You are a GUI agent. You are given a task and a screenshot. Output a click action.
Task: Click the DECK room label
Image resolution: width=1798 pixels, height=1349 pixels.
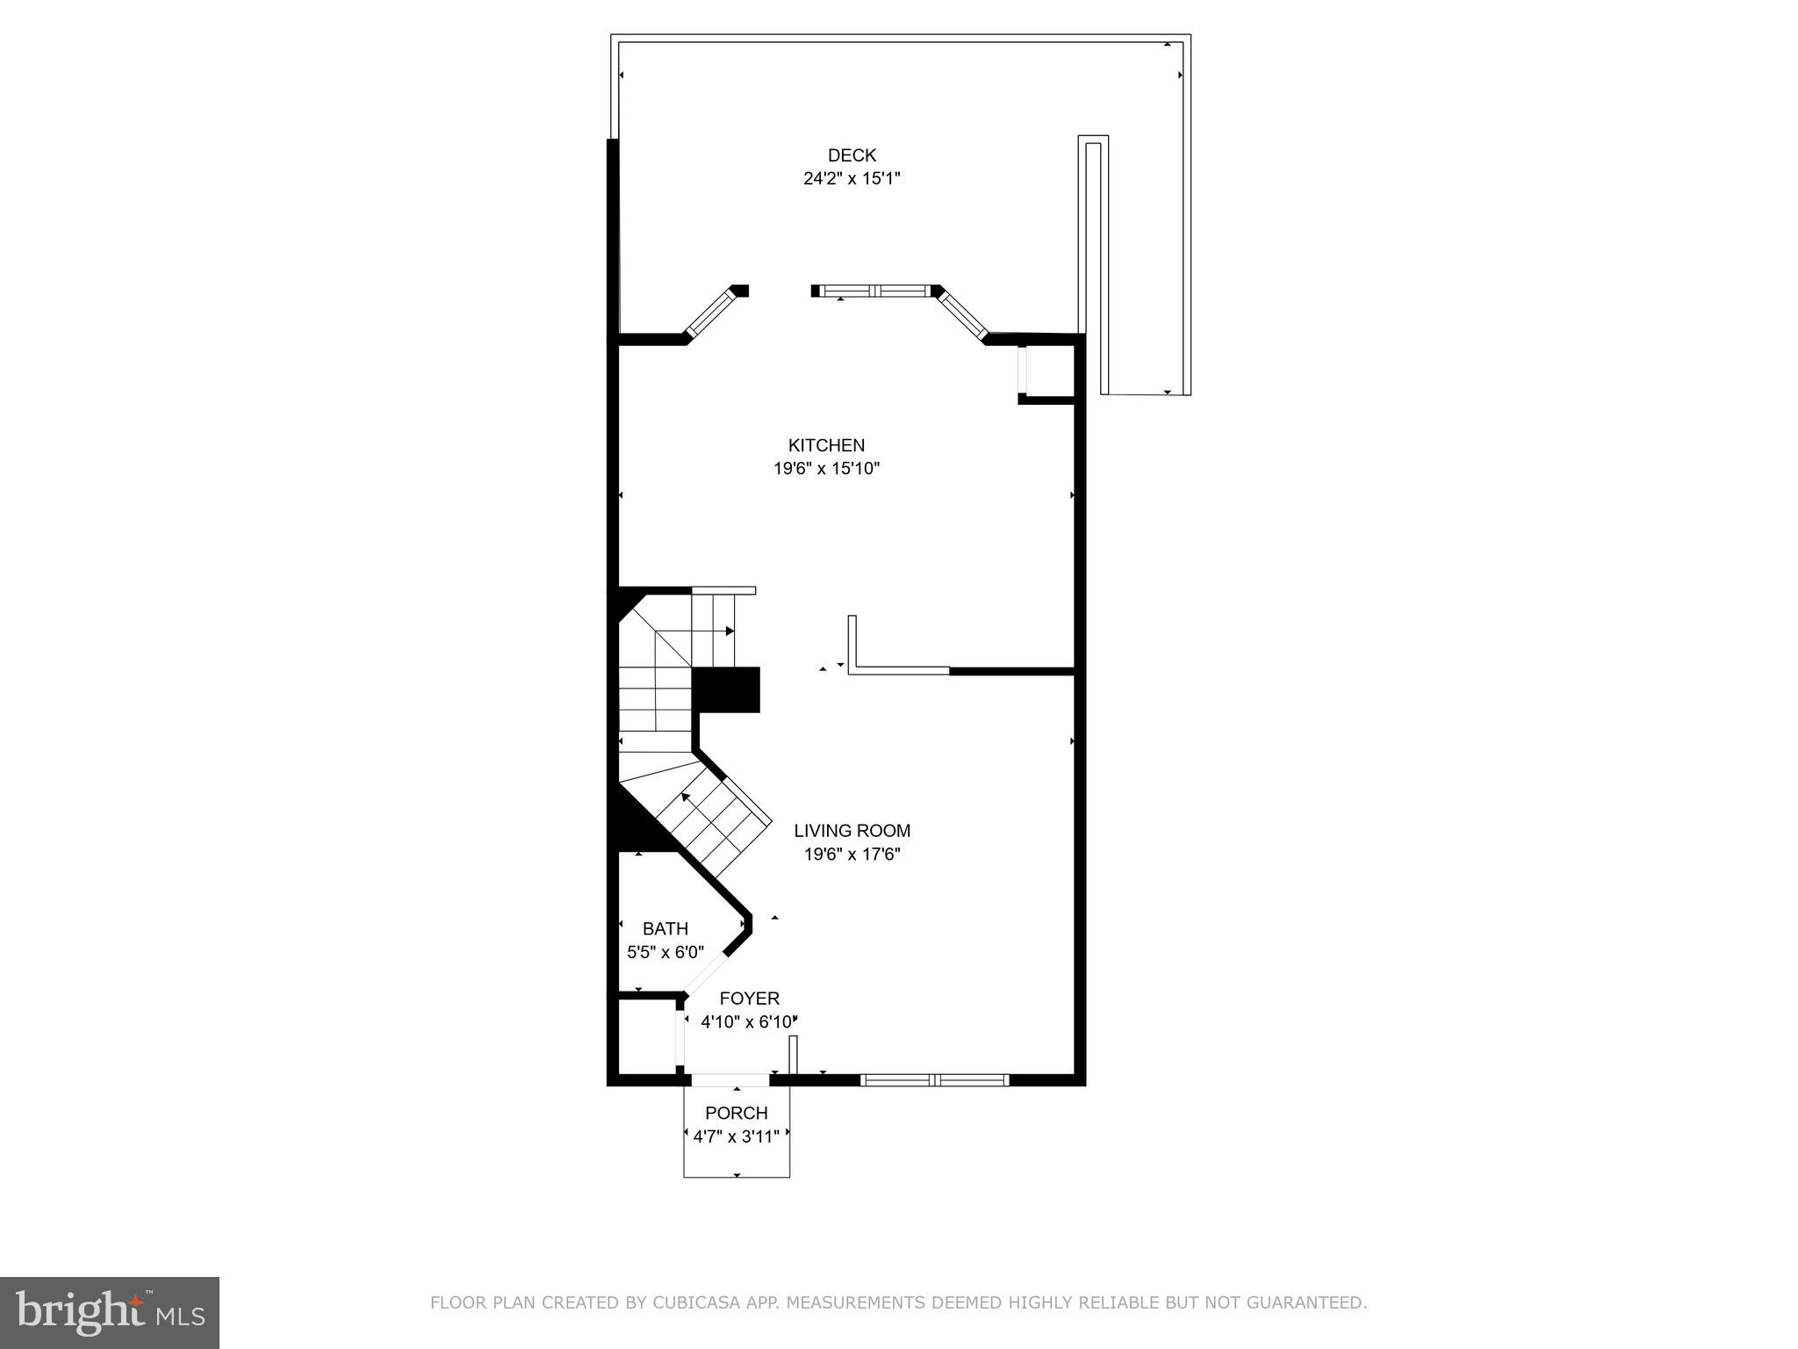coord(852,155)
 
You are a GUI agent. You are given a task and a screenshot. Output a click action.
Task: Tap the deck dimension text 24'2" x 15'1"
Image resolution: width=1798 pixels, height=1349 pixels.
coord(852,178)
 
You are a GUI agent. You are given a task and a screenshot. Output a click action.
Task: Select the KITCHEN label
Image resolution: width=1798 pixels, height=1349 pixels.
coord(826,445)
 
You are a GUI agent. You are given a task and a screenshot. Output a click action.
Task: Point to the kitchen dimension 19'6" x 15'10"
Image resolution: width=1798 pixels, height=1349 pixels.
coord(826,468)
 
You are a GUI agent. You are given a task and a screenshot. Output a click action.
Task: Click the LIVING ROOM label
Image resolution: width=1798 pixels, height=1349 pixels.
coord(852,830)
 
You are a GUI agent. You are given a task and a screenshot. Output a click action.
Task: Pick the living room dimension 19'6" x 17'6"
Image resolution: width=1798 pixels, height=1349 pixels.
coord(852,854)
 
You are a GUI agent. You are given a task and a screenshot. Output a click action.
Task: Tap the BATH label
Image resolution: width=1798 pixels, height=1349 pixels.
coord(665,928)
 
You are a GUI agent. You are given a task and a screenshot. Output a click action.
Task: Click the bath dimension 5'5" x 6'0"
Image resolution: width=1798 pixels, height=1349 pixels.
coord(665,952)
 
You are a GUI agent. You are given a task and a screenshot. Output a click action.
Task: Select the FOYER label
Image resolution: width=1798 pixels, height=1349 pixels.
coord(749,999)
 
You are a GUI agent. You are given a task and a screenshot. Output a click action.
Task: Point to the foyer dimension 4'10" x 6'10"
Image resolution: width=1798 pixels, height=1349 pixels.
coord(749,1021)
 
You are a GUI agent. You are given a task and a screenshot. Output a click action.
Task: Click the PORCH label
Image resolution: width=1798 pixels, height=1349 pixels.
coord(736,1113)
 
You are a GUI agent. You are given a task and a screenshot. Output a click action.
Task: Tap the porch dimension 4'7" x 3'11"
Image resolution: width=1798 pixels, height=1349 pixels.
coord(736,1136)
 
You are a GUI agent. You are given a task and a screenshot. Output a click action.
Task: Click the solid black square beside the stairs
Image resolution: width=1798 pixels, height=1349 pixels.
coord(727,689)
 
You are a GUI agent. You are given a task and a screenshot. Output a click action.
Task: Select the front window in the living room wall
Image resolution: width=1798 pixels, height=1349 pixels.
coord(934,1080)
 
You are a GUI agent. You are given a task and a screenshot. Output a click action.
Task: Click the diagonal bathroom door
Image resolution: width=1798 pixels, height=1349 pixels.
coord(705,974)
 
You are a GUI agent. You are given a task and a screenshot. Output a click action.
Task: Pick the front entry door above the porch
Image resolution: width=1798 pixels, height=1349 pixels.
coord(730,1080)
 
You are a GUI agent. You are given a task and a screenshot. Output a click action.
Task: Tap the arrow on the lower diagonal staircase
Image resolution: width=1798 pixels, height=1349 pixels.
coord(685,797)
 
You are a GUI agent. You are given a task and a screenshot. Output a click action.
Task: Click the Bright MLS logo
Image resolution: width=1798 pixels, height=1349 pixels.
coord(110,1312)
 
